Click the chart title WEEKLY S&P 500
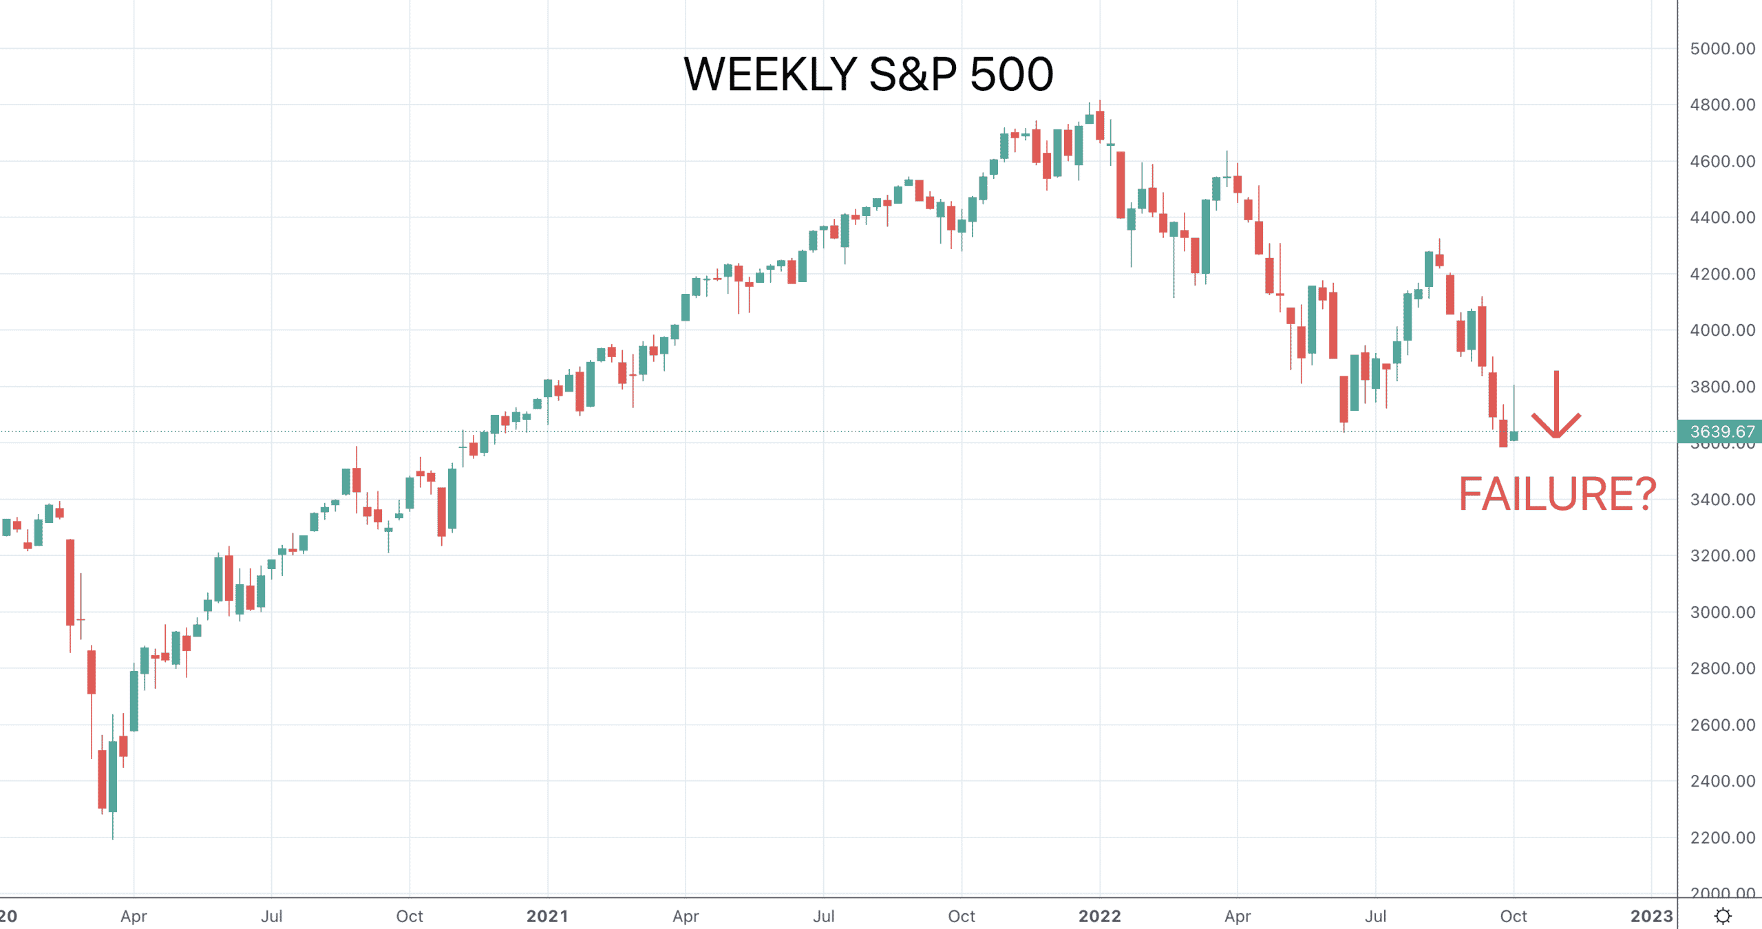coord(868,74)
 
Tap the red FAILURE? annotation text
coord(1557,494)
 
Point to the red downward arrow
coord(1556,405)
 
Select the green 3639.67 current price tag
coord(1720,431)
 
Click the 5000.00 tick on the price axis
coord(1722,49)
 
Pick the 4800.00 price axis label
coord(1722,105)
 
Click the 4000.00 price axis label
coord(1722,330)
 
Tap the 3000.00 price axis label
coord(1722,612)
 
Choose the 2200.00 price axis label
coord(1722,837)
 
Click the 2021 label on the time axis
coord(547,916)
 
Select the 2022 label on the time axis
coord(1099,916)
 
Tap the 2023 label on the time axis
coord(1651,916)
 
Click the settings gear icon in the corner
coord(1723,916)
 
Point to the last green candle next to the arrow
coord(1514,436)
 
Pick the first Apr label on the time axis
coord(134,916)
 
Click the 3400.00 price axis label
coord(1722,500)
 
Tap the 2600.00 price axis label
coord(1722,725)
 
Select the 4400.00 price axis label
coord(1722,217)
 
